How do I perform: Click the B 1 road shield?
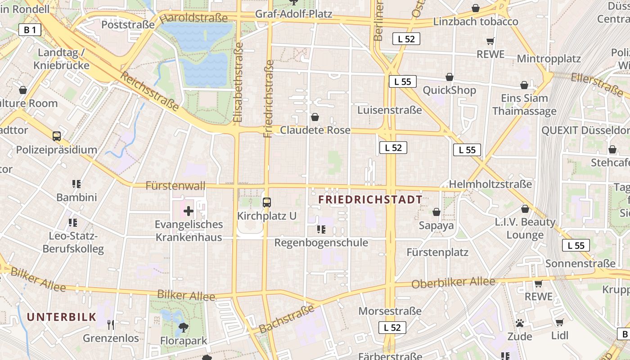point(30,30)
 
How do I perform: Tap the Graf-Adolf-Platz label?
point(293,14)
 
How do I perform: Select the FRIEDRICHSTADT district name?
point(370,199)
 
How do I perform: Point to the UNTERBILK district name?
point(62,317)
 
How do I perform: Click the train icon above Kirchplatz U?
point(267,202)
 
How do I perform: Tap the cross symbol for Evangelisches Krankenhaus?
point(189,211)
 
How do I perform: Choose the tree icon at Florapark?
point(184,327)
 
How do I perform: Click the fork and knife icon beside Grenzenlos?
point(111,324)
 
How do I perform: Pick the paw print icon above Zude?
point(520,323)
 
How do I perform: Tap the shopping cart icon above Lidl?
point(559,322)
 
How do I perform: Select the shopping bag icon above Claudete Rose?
point(315,117)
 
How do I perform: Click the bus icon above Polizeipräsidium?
point(57,136)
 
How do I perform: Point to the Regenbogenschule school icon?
point(321,229)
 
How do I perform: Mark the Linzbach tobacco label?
point(476,22)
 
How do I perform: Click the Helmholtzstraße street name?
point(490,184)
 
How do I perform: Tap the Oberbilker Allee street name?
point(453,283)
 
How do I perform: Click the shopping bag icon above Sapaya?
point(436,212)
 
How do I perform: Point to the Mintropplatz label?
point(549,58)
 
